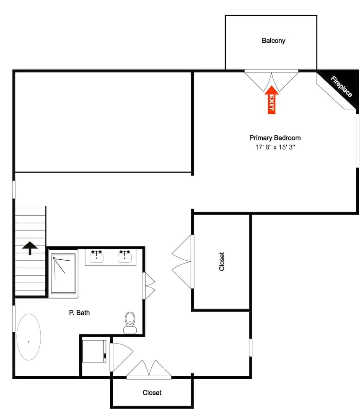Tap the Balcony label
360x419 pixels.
pyautogui.click(x=273, y=41)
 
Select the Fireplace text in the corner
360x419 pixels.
pyautogui.click(x=341, y=86)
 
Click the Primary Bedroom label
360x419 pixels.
pyautogui.click(x=275, y=137)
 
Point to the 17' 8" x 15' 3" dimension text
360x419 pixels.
pyautogui.click(x=275, y=147)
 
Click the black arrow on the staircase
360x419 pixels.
pyautogui.click(x=30, y=248)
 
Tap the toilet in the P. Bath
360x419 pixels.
pyautogui.click(x=130, y=323)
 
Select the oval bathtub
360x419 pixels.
pyautogui.click(x=28, y=336)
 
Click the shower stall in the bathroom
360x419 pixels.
pyautogui.click(x=64, y=273)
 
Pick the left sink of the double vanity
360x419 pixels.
pyautogui.click(x=97, y=256)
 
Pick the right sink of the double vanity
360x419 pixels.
pyautogui.click(x=124, y=256)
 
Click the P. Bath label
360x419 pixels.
pyautogui.click(x=79, y=313)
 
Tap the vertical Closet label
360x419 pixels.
pyautogui.click(x=222, y=261)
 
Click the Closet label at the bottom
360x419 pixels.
pyautogui.click(x=152, y=393)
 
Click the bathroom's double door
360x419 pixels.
pyautogui.click(x=149, y=285)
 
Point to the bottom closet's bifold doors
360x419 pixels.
pyautogui.click(x=149, y=370)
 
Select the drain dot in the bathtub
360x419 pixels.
pyautogui.click(x=28, y=342)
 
